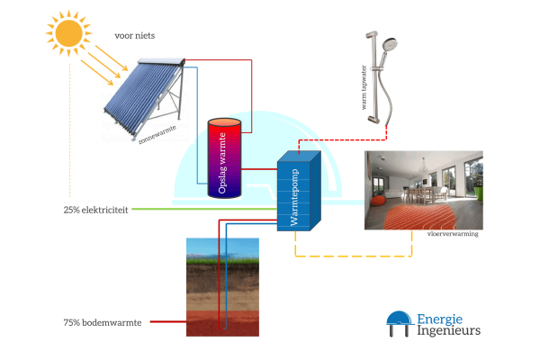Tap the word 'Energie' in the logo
[439, 318]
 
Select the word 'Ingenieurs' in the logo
[447, 331]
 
